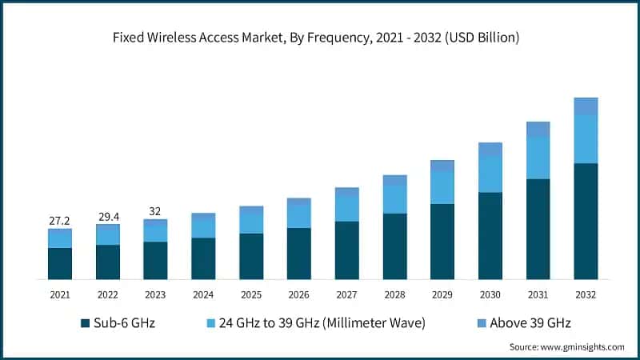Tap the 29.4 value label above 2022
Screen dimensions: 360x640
tap(107, 216)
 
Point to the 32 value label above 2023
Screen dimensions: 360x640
tap(155, 212)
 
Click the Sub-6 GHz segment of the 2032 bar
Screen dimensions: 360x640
tap(586, 221)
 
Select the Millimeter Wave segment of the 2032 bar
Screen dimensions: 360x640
tap(586, 139)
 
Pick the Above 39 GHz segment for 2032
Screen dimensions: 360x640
tap(586, 106)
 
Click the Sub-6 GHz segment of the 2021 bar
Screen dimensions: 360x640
tap(59, 263)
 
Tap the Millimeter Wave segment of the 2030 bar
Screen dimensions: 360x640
tap(490, 174)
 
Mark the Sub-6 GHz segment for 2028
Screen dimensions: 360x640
tap(394, 246)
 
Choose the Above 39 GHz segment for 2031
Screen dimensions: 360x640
tap(538, 129)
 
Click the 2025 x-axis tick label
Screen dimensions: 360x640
tap(251, 295)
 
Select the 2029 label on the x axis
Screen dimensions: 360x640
tap(442, 295)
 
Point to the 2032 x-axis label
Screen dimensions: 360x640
tap(586, 295)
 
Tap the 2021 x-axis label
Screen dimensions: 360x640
tap(59, 295)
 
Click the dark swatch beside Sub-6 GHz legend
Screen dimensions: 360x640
tap(85, 323)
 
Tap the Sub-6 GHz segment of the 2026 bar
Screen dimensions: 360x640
tap(298, 254)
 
